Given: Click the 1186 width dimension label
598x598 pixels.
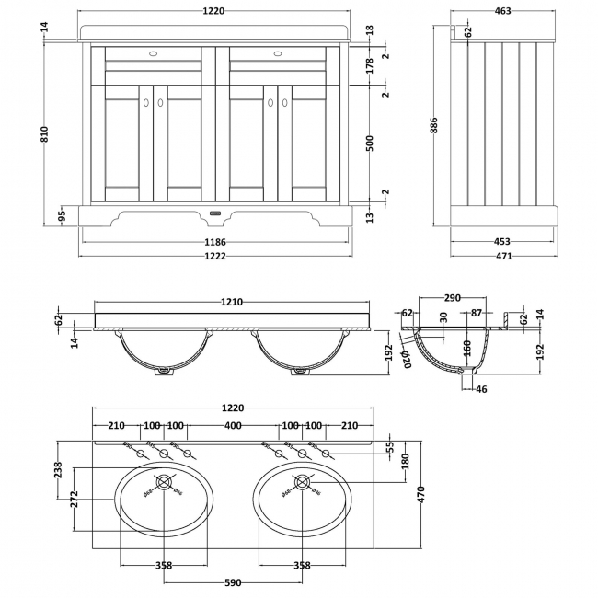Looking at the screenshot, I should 216,242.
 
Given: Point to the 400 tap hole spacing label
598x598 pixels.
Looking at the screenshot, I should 232,426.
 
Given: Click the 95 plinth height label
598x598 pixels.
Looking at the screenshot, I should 61,217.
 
